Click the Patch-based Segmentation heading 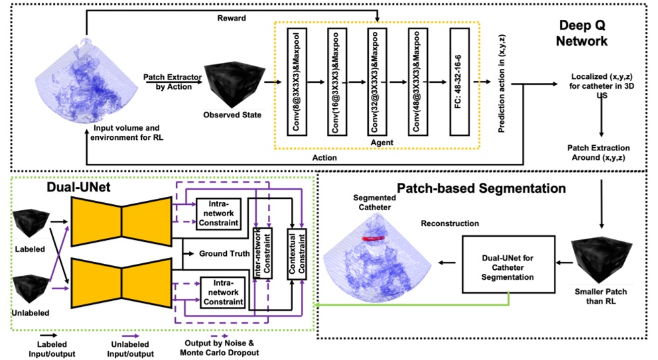pos(481,188)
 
